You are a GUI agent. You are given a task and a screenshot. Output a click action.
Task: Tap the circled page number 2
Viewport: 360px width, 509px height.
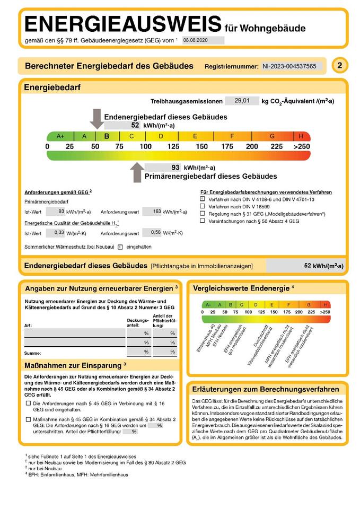point(339,66)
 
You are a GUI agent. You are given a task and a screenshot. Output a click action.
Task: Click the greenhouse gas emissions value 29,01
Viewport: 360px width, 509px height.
point(242,101)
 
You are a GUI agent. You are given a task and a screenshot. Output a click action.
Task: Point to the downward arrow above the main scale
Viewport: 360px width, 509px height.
point(96,118)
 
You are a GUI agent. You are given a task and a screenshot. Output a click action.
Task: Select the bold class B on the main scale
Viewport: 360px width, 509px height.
point(107,136)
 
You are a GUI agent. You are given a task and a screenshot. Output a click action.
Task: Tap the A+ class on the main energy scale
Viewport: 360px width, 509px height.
point(60,136)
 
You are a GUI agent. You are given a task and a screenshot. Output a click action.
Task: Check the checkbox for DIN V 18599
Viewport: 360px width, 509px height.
point(203,206)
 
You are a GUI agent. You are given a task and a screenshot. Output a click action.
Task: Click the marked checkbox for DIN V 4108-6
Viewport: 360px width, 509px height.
point(203,198)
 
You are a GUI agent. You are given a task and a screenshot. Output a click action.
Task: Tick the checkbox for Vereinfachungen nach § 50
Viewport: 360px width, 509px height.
point(203,221)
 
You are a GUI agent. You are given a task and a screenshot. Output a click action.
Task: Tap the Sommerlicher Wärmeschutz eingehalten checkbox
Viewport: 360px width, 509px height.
point(120,247)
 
